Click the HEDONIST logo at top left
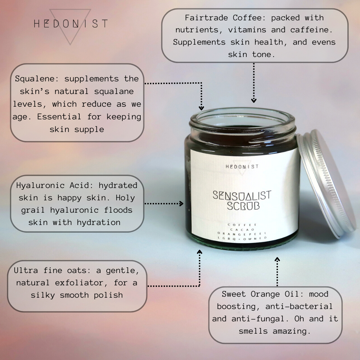pos(70,24)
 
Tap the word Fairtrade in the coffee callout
pos(206,18)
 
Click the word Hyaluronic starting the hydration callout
pos(40,186)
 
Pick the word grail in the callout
pos(33,210)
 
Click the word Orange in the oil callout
pos(265,294)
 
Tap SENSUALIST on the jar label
pos(242,195)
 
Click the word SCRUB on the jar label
pos(243,206)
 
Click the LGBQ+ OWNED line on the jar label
pos(242,239)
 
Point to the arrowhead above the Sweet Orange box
pos(277,259)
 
